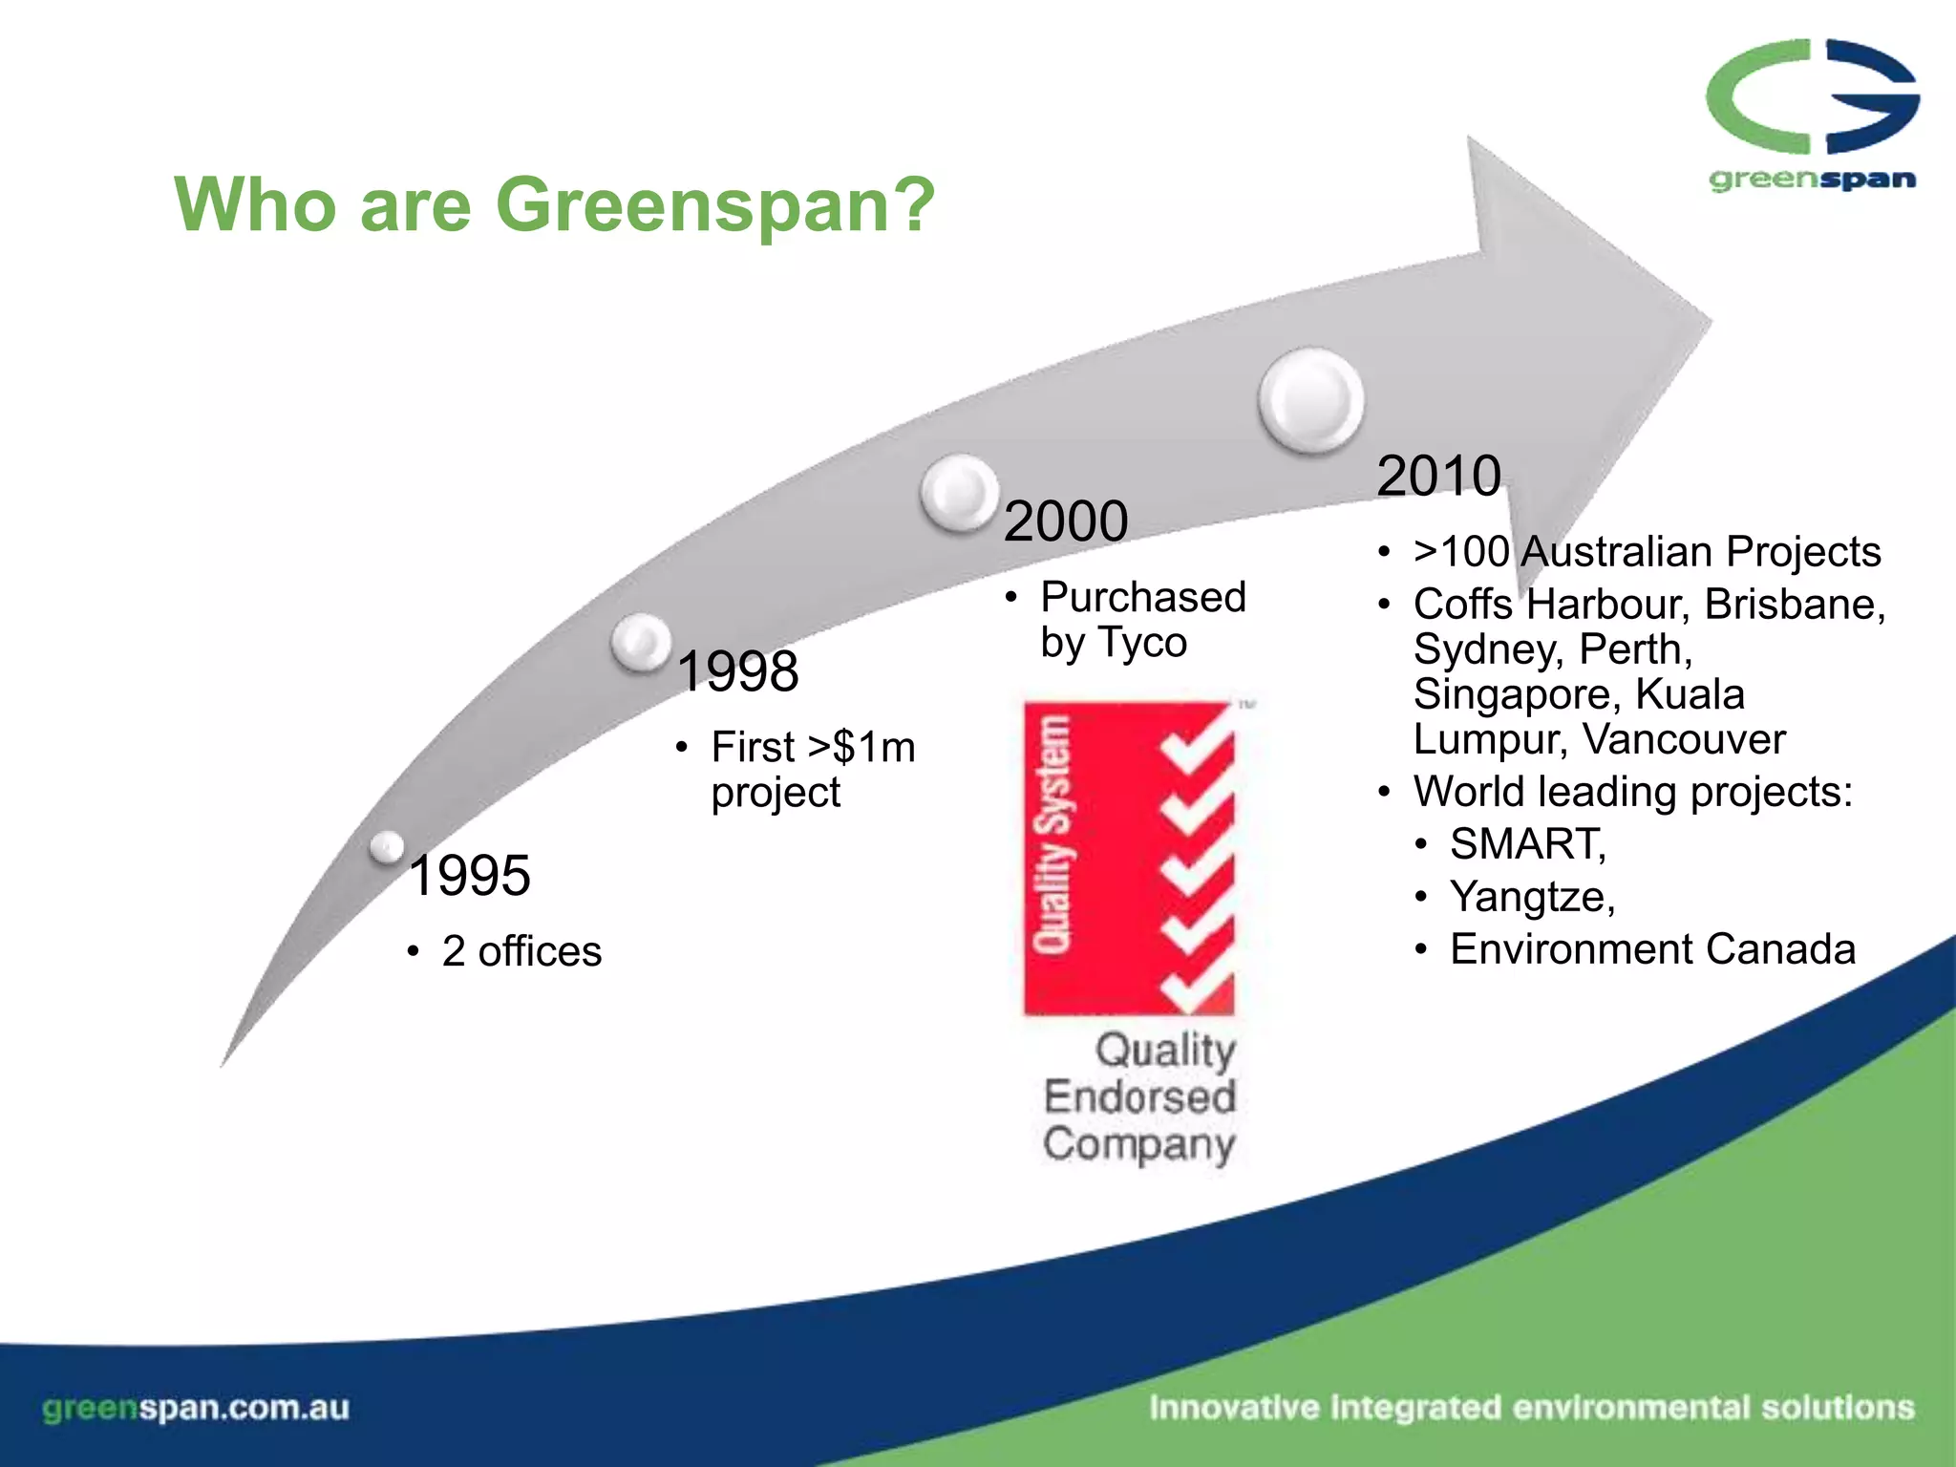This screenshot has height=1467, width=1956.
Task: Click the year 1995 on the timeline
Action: pyautogui.click(x=469, y=875)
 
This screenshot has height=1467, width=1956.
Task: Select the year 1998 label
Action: pyautogui.click(x=737, y=670)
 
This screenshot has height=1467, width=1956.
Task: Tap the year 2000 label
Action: pyautogui.click(x=1066, y=521)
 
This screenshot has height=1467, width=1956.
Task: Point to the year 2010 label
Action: pyautogui.click(x=1438, y=476)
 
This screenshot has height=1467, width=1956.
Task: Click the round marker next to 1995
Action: pyautogui.click(x=388, y=846)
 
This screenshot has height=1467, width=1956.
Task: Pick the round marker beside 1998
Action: pyautogui.click(x=642, y=643)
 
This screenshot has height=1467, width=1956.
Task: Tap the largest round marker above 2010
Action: pyautogui.click(x=1311, y=400)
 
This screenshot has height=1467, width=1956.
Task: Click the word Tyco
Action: pyautogui.click(x=1141, y=643)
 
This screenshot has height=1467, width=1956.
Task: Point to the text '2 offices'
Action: pyautogui.click(x=521, y=951)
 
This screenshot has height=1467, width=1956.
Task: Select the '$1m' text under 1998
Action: pyautogui.click(x=873, y=747)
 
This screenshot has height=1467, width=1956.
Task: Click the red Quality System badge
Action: pyautogui.click(x=1129, y=858)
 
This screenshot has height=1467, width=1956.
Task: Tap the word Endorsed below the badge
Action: pyautogui.click(x=1139, y=1096)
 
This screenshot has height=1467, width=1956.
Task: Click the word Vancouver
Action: pyautogui.click(x=1683, y=739)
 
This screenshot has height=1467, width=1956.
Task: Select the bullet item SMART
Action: pyautogui.click(x=1526, y=844)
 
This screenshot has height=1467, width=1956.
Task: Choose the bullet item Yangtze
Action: pyautogui.click(x=1531, y=897)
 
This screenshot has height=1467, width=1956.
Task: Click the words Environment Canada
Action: pyautogui.click(x=1652, y=949)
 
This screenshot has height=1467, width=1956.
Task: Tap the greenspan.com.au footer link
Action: pyautogui.click(x=196, y=1408)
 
